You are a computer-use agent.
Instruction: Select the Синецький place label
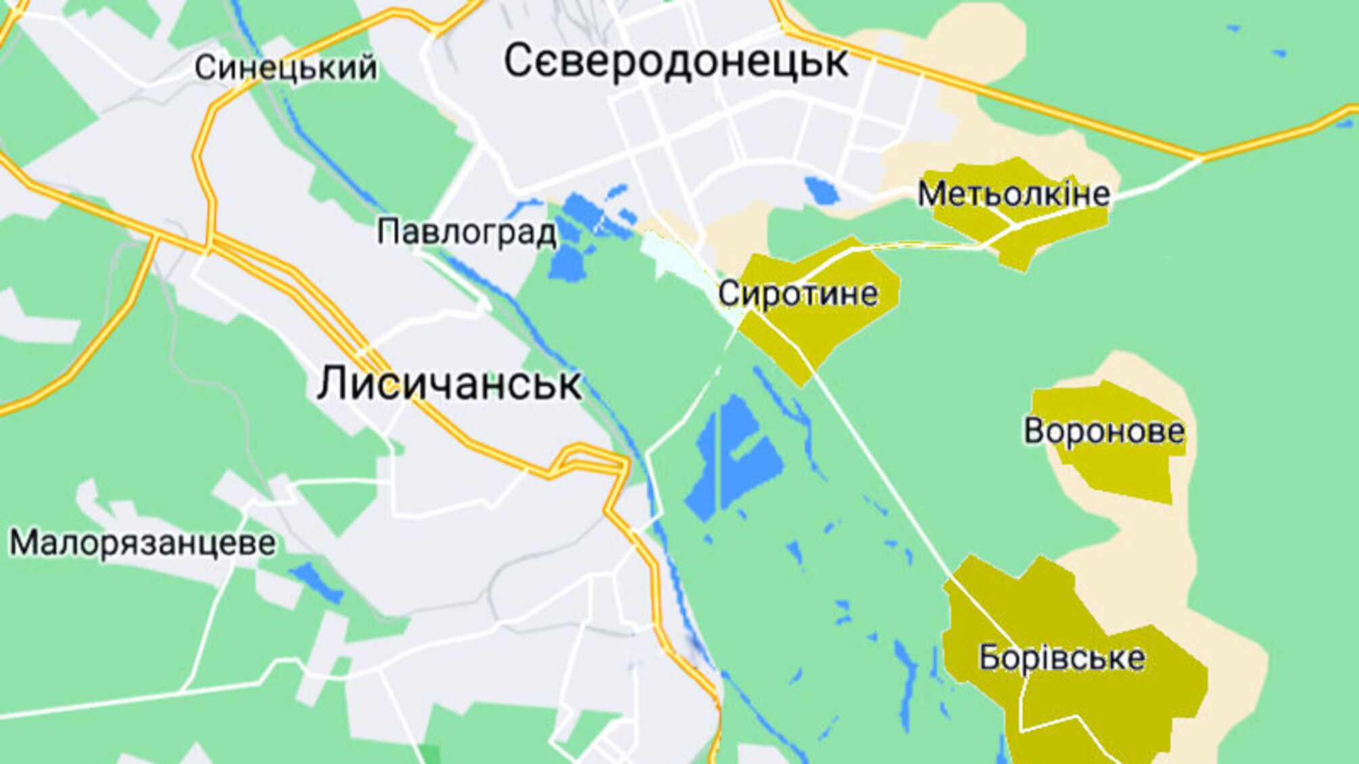(x=285, y=68)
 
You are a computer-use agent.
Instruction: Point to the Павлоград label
(x=467, y=233)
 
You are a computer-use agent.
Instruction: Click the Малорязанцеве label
(x=143, y=544)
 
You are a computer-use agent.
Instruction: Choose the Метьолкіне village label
(x=1013, y=195)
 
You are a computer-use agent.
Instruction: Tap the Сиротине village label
(x=798, y=294)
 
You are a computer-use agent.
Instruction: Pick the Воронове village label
(x=1103, y=431)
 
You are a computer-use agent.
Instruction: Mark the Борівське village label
(x=1062, y=658)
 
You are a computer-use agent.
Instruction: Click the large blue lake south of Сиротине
(x=734, y=453)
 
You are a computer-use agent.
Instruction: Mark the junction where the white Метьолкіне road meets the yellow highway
(x=1200, y=159)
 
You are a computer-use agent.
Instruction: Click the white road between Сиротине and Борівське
(x=879, y=467)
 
